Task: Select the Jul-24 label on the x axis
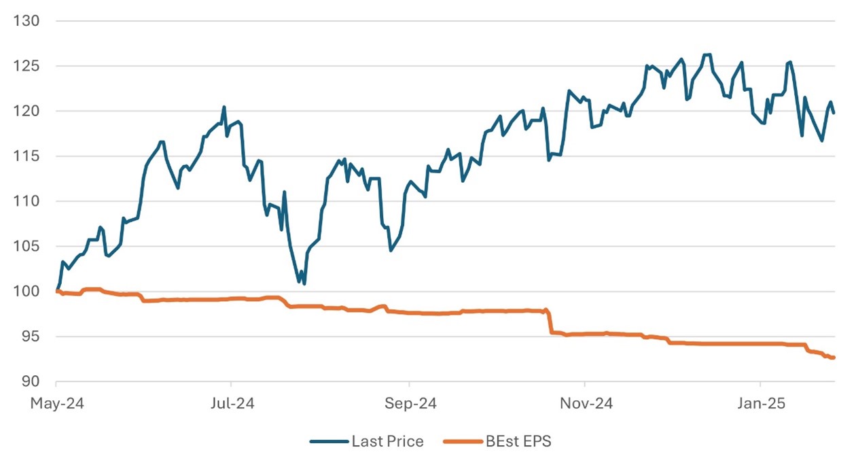click(x=231, y=404)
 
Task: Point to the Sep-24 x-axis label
click(x=409, y=404)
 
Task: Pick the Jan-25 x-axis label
click(x=760, y=404)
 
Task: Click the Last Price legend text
click(x=387, y=442)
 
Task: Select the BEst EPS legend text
click(x=518, y=442)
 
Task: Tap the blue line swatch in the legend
click(x=328, y=442)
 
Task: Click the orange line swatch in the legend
click(x=461, y=442)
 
